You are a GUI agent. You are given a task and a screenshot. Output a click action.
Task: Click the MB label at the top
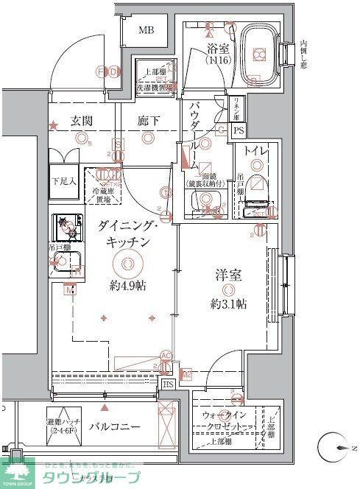point(147,30)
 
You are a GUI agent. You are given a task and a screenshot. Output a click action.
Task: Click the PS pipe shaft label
point(238,131)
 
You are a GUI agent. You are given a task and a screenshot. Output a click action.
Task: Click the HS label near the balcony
point(168,384)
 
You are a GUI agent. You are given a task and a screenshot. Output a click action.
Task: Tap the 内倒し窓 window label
point(303,54)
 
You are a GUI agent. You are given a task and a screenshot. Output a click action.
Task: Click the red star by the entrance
point(53,127)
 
